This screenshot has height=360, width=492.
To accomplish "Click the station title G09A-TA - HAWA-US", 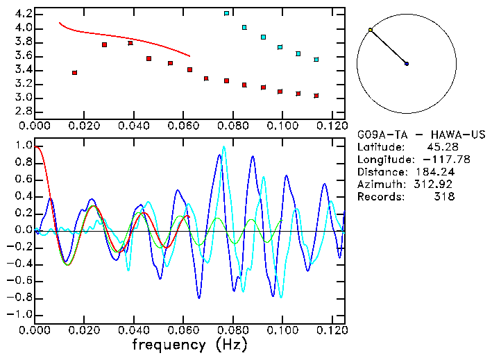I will click(421, 134).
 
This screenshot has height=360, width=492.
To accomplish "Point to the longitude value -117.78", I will click(438, 159).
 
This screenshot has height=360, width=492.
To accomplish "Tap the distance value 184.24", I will click(437, 171).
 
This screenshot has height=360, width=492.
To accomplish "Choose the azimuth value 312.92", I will click(437, 184).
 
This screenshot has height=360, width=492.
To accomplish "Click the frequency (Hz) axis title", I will click(188, 345).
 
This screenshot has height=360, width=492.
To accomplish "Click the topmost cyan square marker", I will click(226, 13).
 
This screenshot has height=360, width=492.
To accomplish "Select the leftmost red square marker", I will click(74, 72).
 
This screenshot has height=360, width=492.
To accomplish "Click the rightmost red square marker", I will click(316, 96).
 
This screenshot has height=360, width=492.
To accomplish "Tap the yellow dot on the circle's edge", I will click(371, 30).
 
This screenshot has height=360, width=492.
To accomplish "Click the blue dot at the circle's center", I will click(407, 64).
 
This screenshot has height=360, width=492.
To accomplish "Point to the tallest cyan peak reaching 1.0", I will click(223, 147).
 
